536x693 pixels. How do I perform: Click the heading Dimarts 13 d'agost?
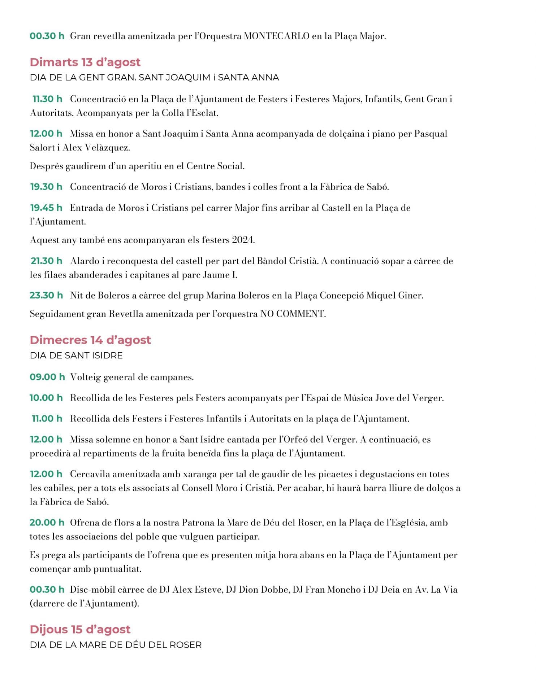(85, 62)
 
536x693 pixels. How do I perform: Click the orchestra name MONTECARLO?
(277, 36)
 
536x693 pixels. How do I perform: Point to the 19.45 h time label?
(46, 208)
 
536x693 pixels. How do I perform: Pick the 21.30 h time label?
(47, 261)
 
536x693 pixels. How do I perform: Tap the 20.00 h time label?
(47, 522)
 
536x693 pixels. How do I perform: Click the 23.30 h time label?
(46, 295)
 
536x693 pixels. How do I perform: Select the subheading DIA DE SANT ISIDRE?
(76, 356)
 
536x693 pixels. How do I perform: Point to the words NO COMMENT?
(293, 314)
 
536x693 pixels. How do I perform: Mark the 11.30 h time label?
(47, 99)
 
